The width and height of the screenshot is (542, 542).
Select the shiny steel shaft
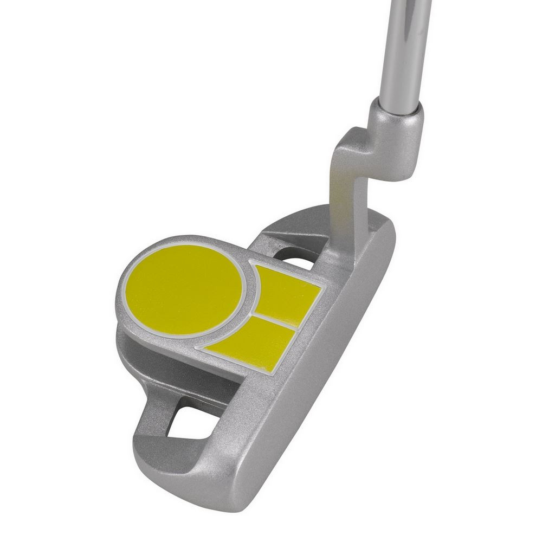[x=404, y=49]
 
